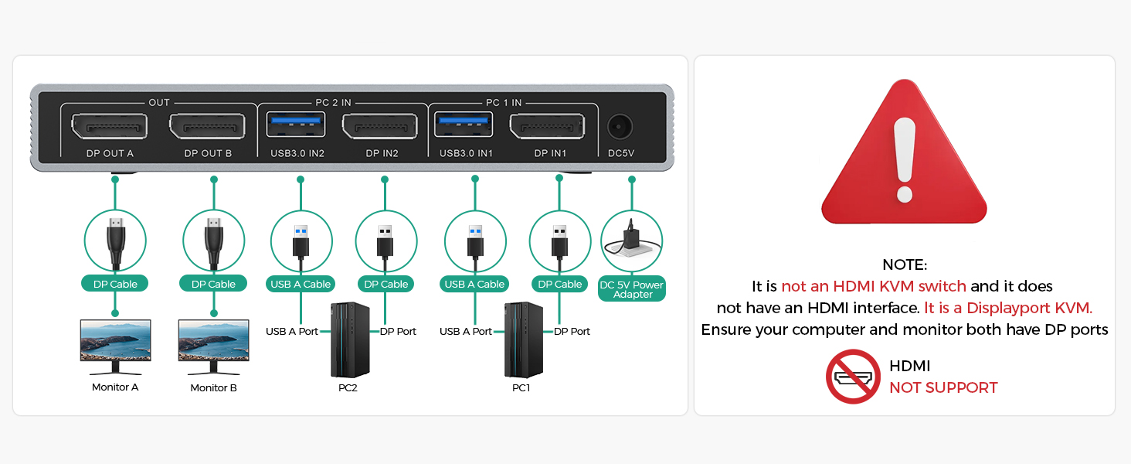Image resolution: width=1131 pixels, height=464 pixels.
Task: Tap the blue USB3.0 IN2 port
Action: (297, 121)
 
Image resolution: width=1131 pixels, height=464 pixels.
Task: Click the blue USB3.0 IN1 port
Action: (464, 121)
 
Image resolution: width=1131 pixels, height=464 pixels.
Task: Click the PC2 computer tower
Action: (348, 339)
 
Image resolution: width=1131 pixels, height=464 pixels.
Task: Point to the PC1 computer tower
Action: (521, 339)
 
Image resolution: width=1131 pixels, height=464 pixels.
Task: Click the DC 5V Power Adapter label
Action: (632, 289)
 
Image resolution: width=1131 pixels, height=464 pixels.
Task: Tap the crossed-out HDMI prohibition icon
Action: (853, 377)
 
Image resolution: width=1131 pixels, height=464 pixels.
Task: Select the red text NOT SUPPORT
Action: (943, 387)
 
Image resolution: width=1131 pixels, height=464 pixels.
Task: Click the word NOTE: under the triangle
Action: (904, 264)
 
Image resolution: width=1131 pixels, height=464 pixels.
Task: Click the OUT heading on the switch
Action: (159, 102)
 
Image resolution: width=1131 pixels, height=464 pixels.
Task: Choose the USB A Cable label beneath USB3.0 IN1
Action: (474, 284)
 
